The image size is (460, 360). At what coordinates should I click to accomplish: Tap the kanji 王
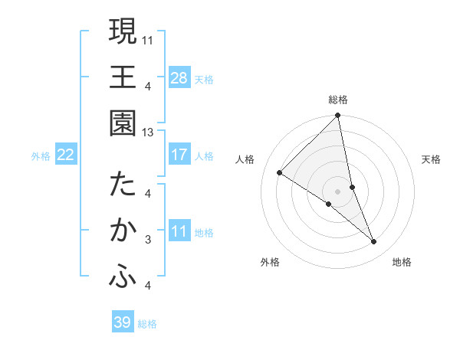123,77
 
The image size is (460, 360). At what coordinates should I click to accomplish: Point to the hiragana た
123,185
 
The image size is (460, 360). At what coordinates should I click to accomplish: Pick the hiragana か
123,230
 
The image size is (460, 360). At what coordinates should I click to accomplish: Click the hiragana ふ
123,277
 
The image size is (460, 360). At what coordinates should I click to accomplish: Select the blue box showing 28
179,77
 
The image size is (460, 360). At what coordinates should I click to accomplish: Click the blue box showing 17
179,155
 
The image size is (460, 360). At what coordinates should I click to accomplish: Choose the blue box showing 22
65,155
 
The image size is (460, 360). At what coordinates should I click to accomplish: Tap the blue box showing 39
123,322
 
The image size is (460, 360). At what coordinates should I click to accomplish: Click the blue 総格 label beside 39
147,324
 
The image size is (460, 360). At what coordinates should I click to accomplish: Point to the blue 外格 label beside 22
41,156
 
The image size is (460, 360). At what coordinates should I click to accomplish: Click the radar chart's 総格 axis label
338,100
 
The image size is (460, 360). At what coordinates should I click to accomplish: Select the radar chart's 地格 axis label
402,263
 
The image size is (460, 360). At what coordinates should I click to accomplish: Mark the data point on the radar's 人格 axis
280,173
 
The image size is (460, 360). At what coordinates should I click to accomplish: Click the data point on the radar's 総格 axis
338,116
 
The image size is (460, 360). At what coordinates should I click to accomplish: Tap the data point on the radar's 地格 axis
374,242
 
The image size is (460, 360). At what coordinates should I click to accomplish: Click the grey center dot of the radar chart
338,191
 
